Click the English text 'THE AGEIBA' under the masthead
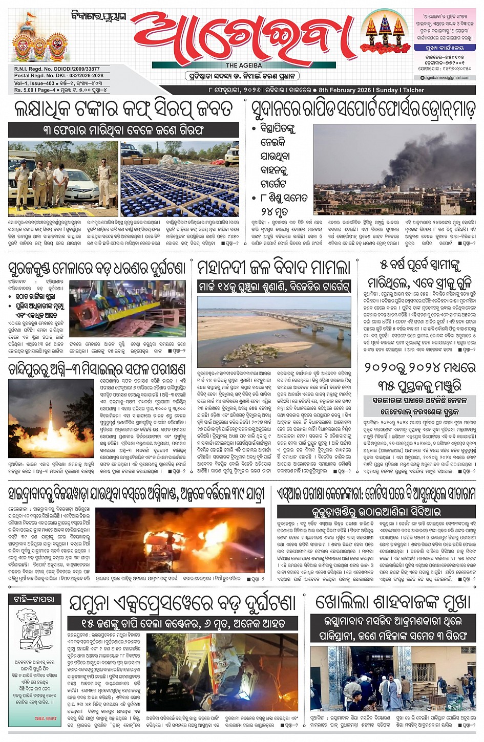click(x=244, y=66)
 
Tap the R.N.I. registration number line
click(x=57, y=69)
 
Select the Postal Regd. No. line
click(x=58, y=76)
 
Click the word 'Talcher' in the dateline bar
click(x=414, y=90)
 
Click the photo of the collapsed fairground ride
click(x=128, y=309)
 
